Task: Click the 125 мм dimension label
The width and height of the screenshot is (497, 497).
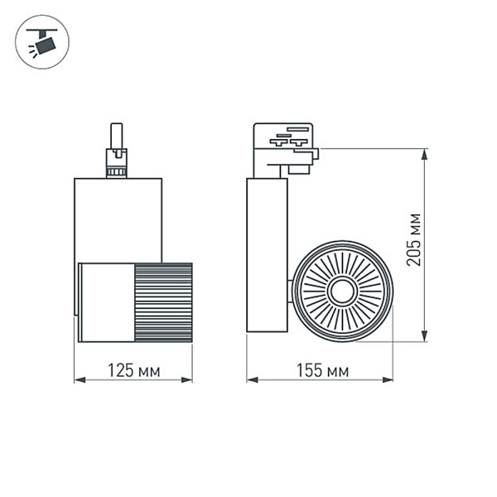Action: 133,371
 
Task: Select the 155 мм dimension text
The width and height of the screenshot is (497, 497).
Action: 321,371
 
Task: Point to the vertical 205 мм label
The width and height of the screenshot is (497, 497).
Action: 414,240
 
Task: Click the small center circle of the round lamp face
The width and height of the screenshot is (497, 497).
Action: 341,292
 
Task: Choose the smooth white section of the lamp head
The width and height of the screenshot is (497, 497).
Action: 106,302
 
